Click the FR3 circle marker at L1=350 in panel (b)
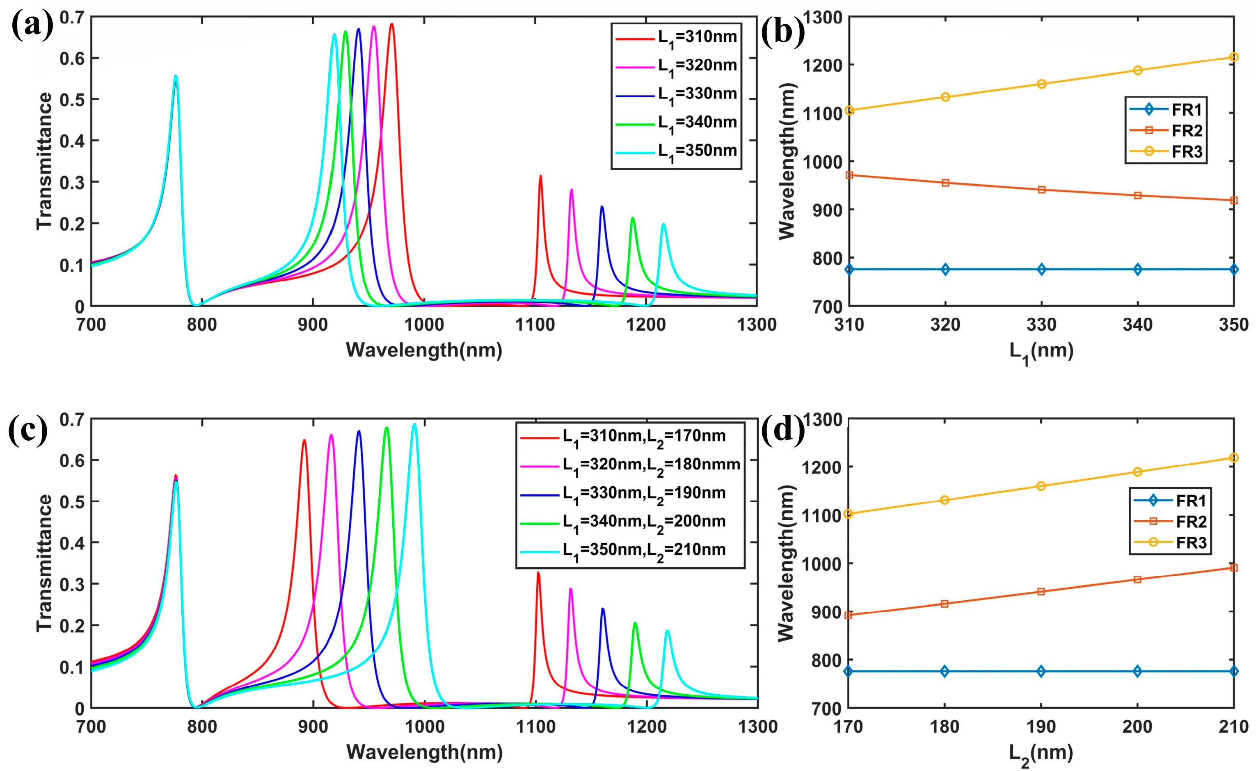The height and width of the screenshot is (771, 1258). tap(1233, 57)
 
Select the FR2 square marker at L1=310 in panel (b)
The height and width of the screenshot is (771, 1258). tap(849, 175)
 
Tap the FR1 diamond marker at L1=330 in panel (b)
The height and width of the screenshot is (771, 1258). tap(1041, 270)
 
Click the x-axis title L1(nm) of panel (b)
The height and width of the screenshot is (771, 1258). tap(1041, 352)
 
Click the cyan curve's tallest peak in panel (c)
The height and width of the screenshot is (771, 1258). tap(414, 425)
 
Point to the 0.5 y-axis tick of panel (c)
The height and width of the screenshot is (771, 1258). tap(71, 501)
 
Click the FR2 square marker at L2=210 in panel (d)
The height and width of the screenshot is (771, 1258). tap(1233, 567)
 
